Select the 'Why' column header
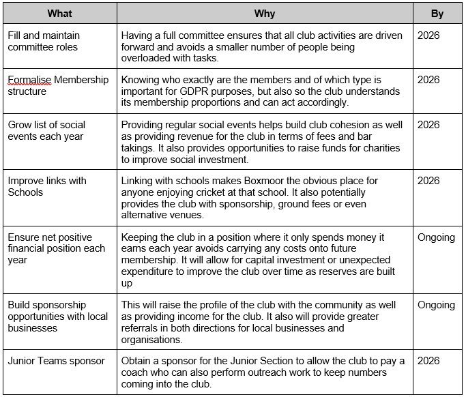click(x=264, y=13)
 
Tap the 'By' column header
click(x=437, y=13)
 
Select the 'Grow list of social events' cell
click(x=46, y=130)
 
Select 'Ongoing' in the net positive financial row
click(x=436, y=237)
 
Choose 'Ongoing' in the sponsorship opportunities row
click(x=436, y=305)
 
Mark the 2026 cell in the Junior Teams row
click(x=428, y=361)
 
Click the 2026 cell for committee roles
click(x=428, y=35)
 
